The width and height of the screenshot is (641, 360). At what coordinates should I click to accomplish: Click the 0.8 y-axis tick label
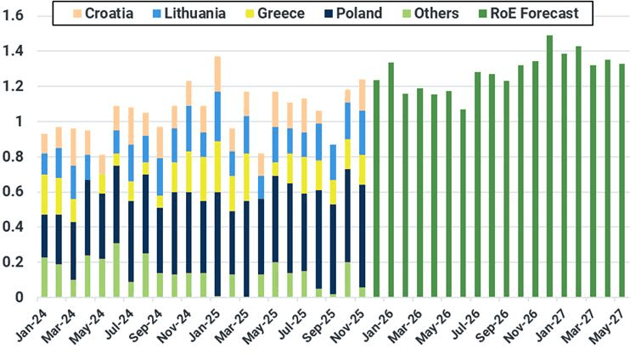(15, 157)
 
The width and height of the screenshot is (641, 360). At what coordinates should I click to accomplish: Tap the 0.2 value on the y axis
(15, 262)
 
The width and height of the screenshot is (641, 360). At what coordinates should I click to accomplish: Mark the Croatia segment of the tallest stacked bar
(217, 74)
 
